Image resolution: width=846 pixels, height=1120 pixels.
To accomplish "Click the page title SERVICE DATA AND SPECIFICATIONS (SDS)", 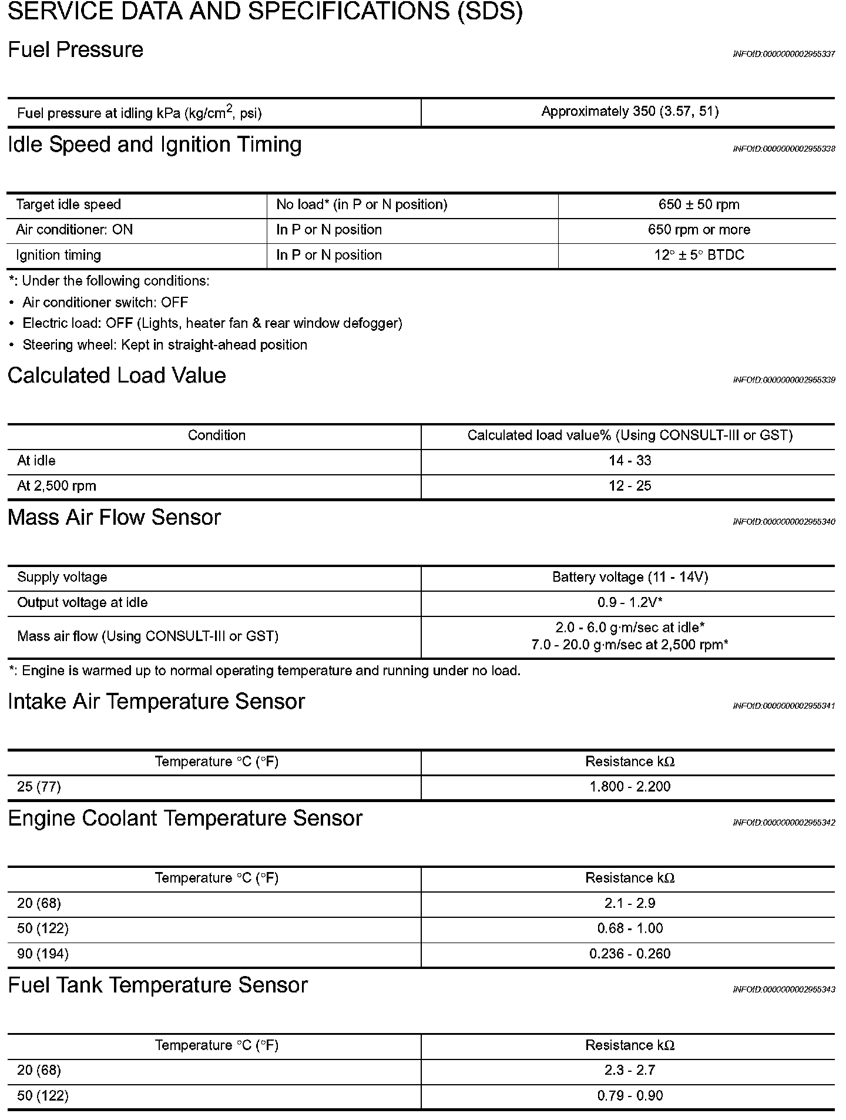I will (x=264, y=12).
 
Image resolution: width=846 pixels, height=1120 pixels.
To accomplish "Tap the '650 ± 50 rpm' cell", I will (x=699, y=205).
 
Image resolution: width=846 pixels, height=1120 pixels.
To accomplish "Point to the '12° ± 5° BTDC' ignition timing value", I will (x=699, y=255).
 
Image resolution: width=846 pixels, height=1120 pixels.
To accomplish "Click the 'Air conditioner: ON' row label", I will (x=75, y=230).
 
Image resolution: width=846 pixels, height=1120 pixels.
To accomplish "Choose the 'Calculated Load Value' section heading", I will (x=117, y=375).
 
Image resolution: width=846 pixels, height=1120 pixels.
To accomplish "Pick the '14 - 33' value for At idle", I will (x=630, y=461).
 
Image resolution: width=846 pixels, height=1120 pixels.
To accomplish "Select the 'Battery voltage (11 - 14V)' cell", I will (x=630, y=577).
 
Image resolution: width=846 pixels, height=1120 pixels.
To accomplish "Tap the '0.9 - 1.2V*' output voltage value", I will (x=630, y=602).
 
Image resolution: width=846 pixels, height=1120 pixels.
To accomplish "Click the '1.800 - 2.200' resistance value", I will (x=630, y=787).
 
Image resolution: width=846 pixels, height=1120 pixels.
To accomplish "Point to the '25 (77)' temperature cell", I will (x=39, y=787).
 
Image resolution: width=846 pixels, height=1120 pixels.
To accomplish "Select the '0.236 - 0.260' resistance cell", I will (x=630, y=954).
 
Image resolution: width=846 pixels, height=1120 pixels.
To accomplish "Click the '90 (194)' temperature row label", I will (x=43, y=954).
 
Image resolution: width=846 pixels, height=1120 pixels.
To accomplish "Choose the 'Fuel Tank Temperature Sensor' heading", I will (x=157, y=985).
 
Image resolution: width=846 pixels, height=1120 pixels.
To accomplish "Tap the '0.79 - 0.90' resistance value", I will (x=630, y=1096).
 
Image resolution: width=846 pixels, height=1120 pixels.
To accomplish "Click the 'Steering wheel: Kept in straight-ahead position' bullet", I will (x=164, y=345).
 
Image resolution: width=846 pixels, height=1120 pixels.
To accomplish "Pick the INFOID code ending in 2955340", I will (x=784, y=522).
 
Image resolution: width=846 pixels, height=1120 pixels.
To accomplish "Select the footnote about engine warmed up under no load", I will (x=265, y=671).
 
